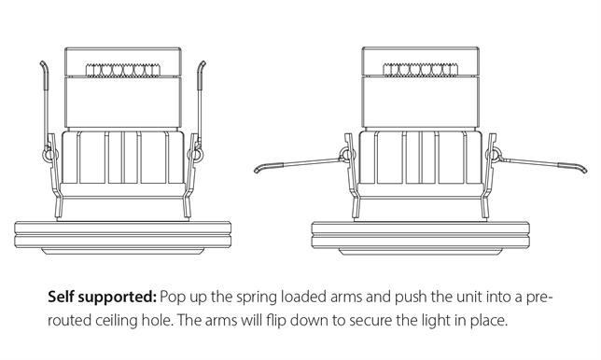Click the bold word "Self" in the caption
coord(61,298)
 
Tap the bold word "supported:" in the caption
coord(118,298)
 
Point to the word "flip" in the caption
coord(276,320)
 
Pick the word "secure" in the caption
coord(370,322)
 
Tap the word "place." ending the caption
coord(489,321)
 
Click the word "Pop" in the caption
coord(172,298)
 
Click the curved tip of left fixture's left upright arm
coord(43,62)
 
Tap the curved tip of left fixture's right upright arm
coord(203,62)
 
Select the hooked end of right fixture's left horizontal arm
coord(257,169)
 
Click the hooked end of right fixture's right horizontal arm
coord(584,169)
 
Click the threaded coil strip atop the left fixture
coord(123,70)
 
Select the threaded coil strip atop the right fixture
coord(421,70)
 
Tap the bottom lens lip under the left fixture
coord(122,251)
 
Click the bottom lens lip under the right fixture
coord(421,251)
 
